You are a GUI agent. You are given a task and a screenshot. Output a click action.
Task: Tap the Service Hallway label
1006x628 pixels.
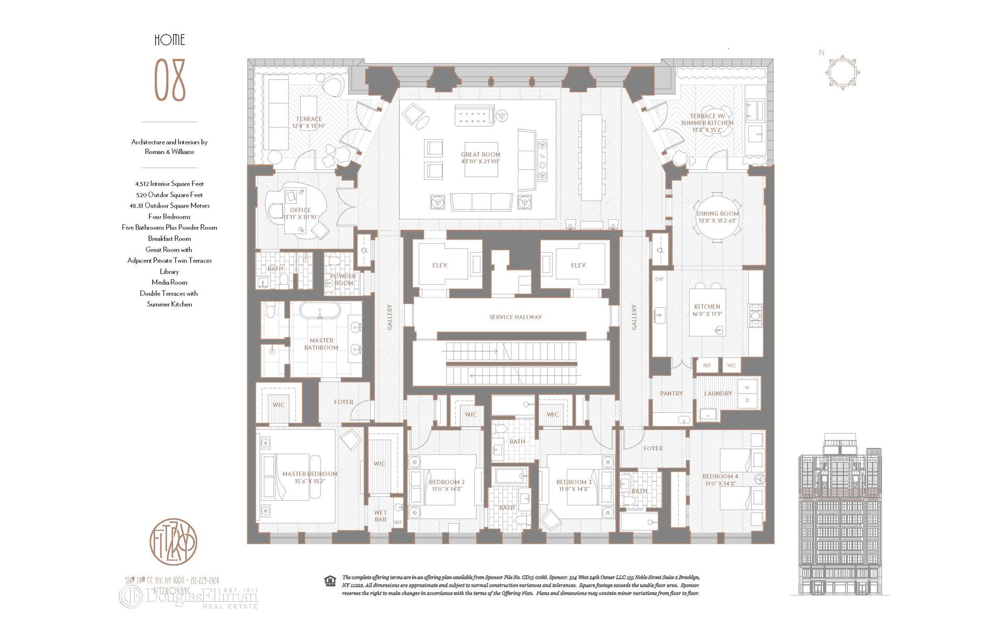pyautogui.click(x=516, y=317)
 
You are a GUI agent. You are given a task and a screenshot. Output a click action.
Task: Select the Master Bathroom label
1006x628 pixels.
pyautogui.click(x=321, y=344)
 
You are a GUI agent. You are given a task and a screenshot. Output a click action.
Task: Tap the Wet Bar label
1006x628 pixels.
pyautogui.click(x=380, y=516)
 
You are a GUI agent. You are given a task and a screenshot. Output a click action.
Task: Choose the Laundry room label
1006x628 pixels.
pyautogui.click(x=718, y=394)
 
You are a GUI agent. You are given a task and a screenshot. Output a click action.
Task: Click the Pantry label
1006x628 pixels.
pyautogui.click(x=671, y=394)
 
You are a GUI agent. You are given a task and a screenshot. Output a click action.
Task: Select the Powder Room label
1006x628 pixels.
pyautogui.click(x=343, y=279)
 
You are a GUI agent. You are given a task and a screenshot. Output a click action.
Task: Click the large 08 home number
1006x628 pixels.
pyautogui.click(x=170, y=81)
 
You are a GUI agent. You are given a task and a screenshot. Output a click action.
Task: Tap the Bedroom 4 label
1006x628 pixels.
pyautogui.click(x=720, y=479)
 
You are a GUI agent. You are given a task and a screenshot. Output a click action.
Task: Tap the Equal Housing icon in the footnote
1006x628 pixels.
pyautogui.click(x=330, y=580)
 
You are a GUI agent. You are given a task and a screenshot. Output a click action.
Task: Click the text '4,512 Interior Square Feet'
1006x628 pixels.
pyautogui.click(x=169, y=184)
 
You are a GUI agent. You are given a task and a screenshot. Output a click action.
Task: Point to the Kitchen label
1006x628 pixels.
pyautogui.click(x=707, y=310)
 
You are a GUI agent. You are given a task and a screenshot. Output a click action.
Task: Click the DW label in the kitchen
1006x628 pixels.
pyautogui.click(x=659, y=279)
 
